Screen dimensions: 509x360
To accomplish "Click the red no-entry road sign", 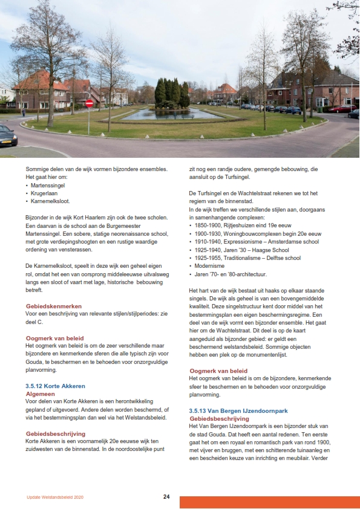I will pos(90,103).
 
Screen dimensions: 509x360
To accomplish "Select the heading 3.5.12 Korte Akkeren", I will pos(55,385).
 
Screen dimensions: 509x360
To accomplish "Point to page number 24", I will pos(166,497).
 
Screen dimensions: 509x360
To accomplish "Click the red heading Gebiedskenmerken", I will pos(54,306).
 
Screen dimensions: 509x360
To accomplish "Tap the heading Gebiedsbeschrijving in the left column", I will pos(55,433).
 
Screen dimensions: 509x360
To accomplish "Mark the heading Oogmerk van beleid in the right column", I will pos(218,371).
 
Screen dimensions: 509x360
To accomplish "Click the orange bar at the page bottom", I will pos(269,502).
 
